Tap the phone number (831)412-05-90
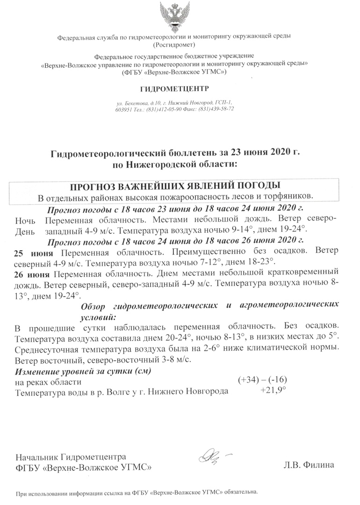pyautogui.click(x=162, y=108)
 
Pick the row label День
pyautogui.click(x=25, y=231)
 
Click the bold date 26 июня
pyautogui.click(x=33, y=273)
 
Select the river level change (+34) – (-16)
pyautogui.click(x=262, y=381)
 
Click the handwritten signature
pyautogui.click(x=211, y=456)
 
